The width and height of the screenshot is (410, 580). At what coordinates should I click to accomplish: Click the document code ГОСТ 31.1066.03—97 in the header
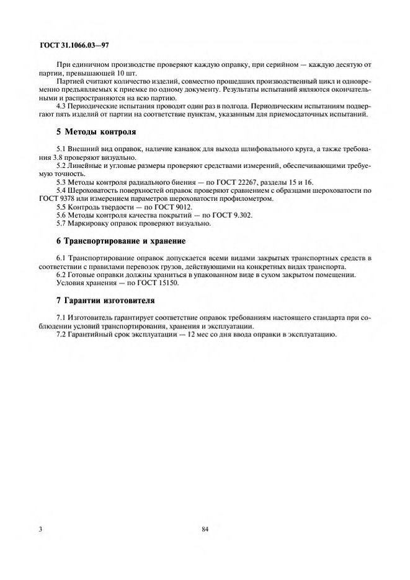coord(74,46)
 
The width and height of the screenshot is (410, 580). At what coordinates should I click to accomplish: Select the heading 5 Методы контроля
coord(96,132)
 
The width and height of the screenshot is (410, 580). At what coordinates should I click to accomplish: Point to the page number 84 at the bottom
coord(205,529)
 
